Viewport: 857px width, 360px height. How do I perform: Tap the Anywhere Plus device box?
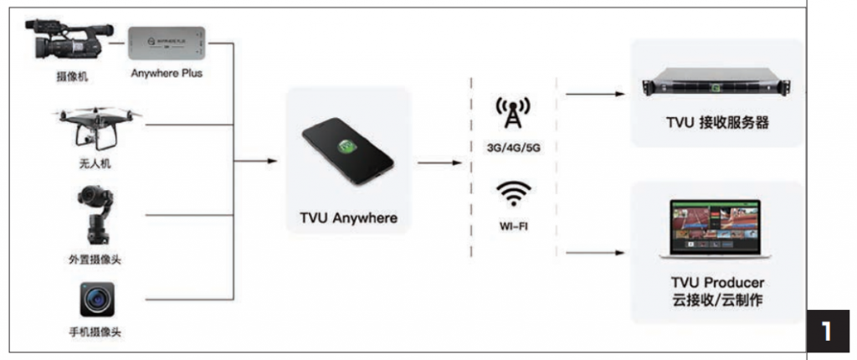pos(167,42)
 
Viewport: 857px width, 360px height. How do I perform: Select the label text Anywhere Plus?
pos(167,74)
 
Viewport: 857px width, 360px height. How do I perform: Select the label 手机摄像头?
pos(95,332)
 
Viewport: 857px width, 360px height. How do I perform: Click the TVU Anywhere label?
pos(348,219)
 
